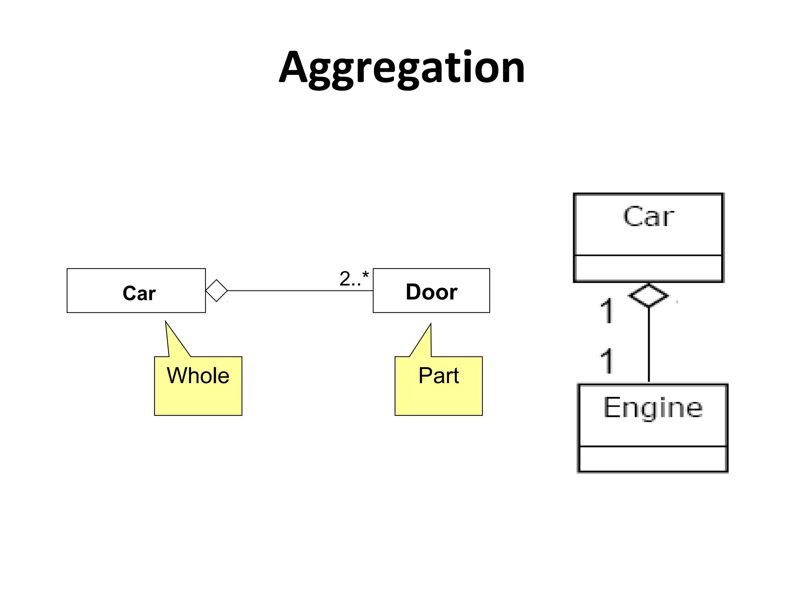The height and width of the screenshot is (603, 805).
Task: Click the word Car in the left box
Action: pos(139,293)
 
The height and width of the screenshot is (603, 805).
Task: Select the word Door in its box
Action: pos(431,292)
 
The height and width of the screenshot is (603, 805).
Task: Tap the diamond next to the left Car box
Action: pos(217,291)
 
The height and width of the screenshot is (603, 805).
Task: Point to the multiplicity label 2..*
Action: pos(354,279)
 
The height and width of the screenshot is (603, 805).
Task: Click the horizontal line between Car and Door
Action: pos(299,291)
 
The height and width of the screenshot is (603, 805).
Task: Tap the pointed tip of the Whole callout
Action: pos(166,322)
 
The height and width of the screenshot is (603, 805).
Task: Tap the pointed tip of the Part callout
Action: pos(430,325)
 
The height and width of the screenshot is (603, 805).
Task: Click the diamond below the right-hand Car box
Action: pos(648,295)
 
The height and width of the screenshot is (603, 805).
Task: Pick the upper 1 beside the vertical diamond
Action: pos(607,311)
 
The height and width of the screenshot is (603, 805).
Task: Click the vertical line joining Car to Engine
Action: pos(649,345)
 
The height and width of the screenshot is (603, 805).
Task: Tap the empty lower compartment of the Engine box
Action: pos(652,459)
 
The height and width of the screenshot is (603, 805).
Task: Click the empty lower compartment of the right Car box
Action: pos(649,268)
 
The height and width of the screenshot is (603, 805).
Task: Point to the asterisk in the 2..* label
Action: pos(366,274)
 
